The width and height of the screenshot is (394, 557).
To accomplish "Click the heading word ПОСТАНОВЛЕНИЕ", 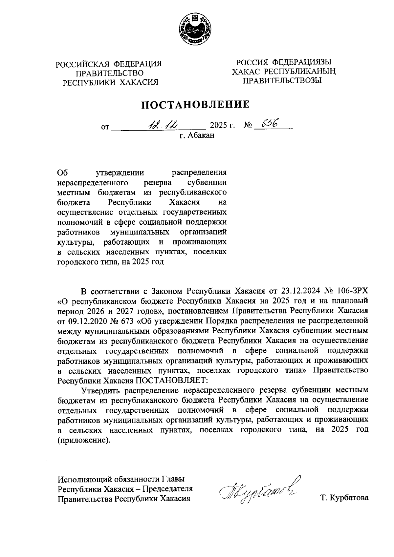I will point(196,104).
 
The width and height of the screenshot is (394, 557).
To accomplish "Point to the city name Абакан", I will point(201,135).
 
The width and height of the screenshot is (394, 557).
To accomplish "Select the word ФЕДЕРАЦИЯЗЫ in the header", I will point(302,62).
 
